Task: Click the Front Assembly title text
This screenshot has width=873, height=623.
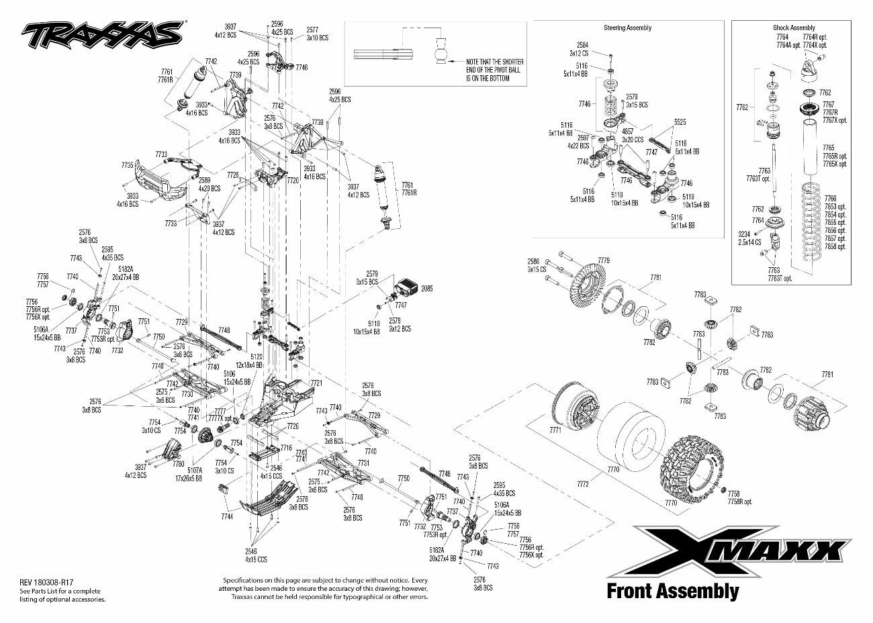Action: (672, 591)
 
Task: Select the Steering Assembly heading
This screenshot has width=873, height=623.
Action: (627, 28)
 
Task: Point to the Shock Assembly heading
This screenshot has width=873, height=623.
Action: (793, 28)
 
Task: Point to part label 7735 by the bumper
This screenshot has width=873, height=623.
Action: (128, 165)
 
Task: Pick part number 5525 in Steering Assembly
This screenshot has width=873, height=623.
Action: (680, 122)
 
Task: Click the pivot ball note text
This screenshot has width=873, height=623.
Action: (494, 70)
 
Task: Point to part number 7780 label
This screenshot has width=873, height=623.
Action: (178, 463)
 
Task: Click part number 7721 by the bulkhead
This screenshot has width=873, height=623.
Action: (316, 383)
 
